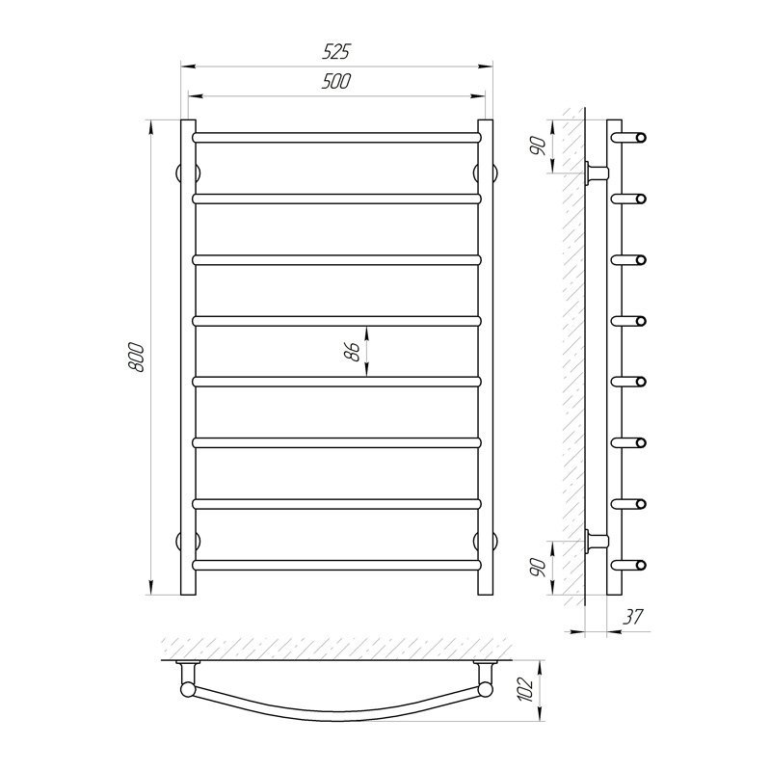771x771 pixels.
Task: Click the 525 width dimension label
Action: point(335,52)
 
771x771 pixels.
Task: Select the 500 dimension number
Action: point(335,82)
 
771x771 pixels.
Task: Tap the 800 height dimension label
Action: point(136,358)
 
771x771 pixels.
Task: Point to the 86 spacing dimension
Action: point(352,352)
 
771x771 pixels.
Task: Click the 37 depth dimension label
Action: point(633,617)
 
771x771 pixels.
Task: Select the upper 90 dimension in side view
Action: point(539,146)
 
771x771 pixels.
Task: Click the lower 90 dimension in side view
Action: point(539,568)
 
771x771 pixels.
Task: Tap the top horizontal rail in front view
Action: point(336,137)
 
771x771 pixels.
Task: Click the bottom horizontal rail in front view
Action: point(336,565)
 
